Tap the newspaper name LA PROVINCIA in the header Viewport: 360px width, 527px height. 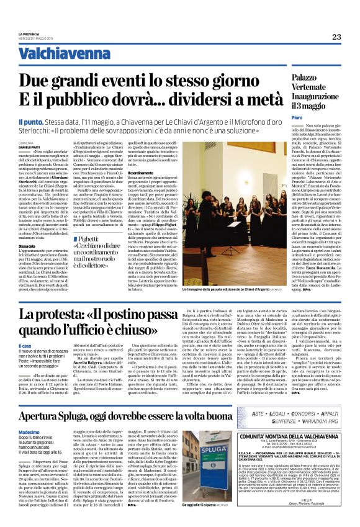tap(29, 34)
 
